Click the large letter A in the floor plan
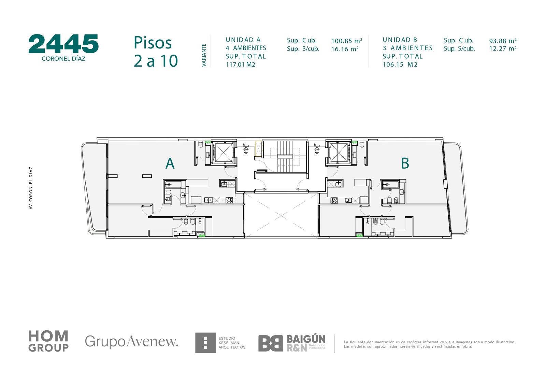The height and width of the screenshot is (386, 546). (170, 163)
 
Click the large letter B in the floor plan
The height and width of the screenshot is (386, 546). (405, 163)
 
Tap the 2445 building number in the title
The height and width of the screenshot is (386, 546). (63, 44)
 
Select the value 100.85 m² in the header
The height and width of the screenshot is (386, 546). (347, 41)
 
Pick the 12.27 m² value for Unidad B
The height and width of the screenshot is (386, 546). (503, 48)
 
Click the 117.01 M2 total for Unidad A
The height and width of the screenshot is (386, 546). (240, 65)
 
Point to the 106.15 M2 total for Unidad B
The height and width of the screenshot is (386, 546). (400, 65)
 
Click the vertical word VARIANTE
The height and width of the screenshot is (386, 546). (204, 55)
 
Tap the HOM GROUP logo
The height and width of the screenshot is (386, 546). (48, 341)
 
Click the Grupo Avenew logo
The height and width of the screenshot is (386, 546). (131, 341)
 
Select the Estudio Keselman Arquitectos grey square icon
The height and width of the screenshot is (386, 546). (205, 343)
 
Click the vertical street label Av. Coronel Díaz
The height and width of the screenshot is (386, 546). (31, 188)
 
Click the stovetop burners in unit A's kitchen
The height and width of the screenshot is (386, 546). (229, 200)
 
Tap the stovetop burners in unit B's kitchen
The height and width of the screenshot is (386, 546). (334, 200)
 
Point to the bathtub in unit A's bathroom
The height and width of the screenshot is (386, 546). (173, 185)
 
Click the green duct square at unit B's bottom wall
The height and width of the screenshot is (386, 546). (359, 235)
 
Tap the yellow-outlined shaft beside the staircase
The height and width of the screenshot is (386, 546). (258, 148)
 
